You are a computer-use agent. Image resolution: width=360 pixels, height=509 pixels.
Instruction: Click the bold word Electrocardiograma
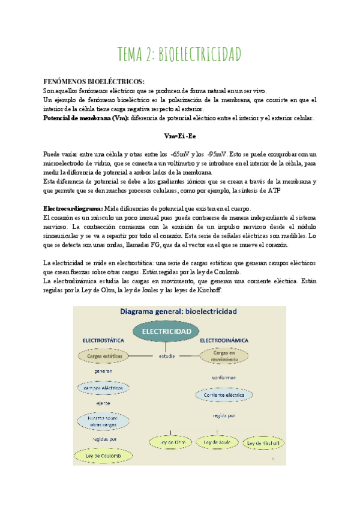(73, 208)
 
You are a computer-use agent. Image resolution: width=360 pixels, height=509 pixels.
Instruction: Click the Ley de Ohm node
(170, 442)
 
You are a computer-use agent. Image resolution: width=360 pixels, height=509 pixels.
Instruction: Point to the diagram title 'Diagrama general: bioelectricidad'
(179, 312)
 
